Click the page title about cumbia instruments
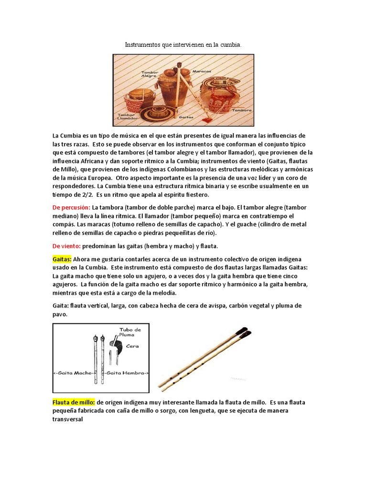point(183,44)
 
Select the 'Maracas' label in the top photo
point(201,71)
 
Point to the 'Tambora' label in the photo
point(240,109)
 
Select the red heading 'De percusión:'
point(71,207)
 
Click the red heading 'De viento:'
point(66,246)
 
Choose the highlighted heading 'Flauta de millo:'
point(74,402)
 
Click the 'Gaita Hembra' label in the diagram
point(127,373)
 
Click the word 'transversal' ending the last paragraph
point(68,419)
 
